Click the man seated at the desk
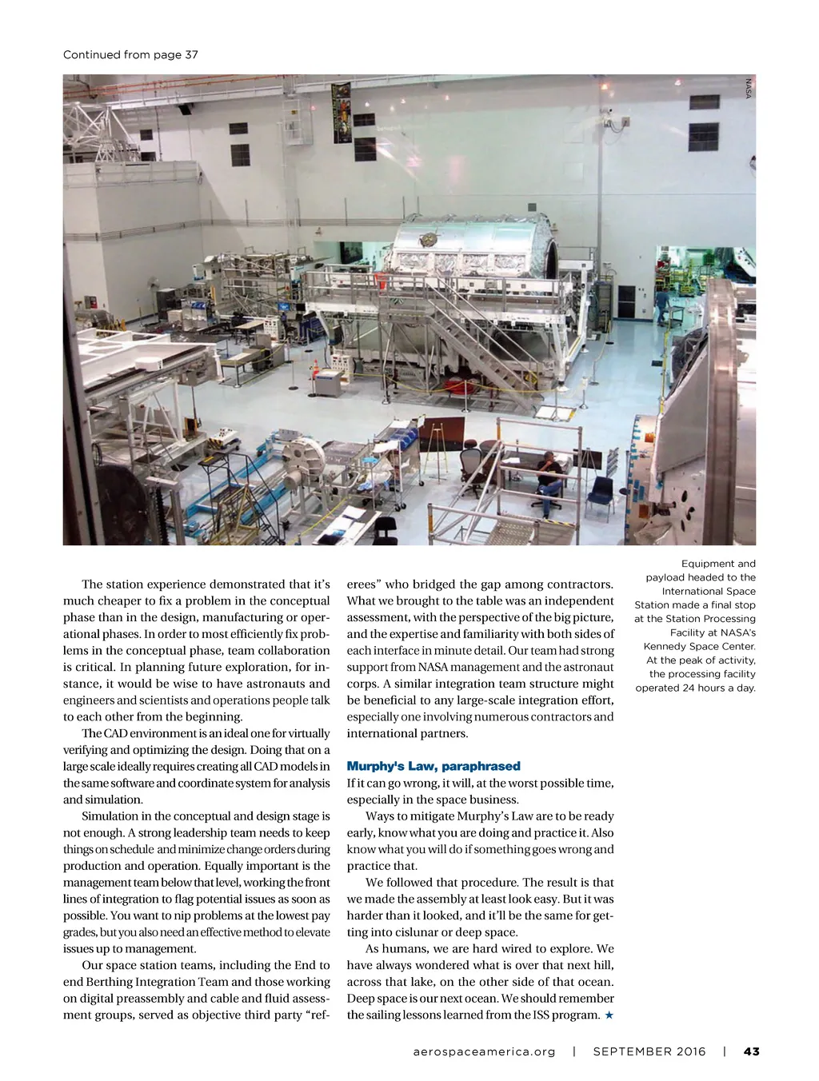549,479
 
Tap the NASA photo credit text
749,88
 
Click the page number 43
751,1051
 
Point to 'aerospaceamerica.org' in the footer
484,1051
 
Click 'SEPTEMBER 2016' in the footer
649,1051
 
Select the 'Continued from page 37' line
130,54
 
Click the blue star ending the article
609,1015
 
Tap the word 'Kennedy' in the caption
665,646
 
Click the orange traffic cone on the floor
315,369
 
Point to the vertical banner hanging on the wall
342,112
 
